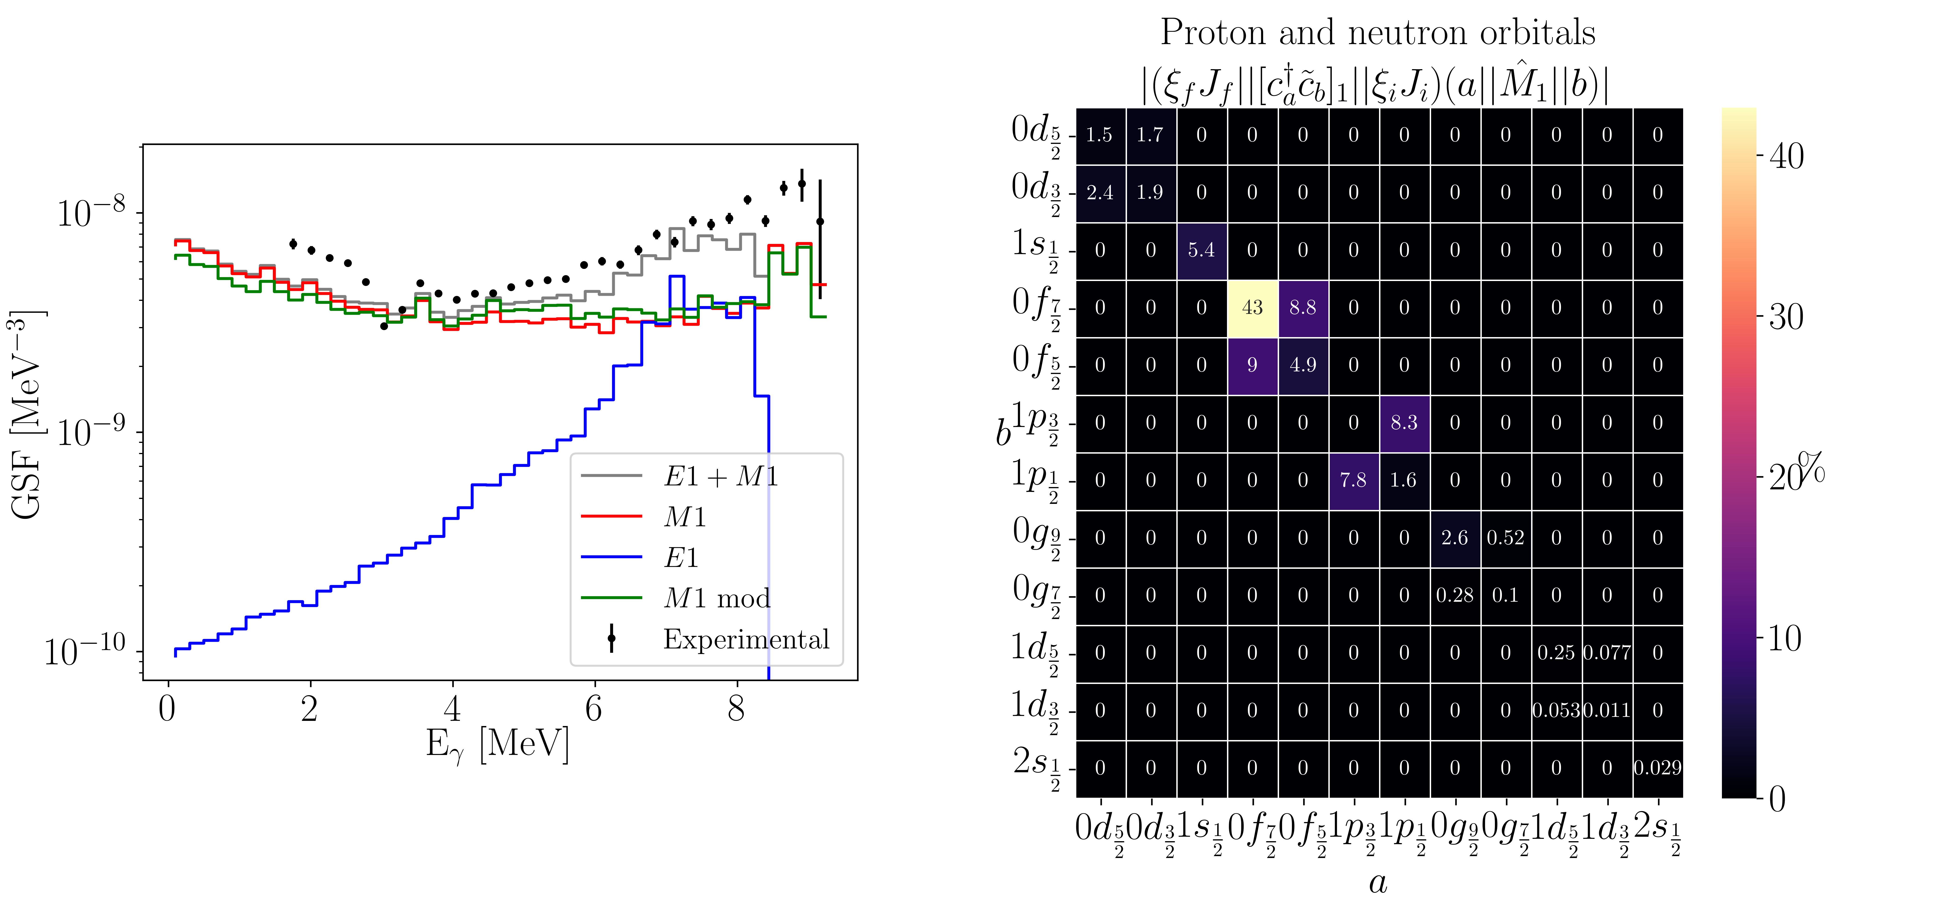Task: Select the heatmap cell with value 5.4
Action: [x=1201, y=250]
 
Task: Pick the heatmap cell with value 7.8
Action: [x=1353, y=481]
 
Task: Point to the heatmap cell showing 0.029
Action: [x=1657, y=768]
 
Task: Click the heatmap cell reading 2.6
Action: [x=1454, y=537]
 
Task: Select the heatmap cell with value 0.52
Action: [x=1505, y=537]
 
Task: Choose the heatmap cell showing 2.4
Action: [x=1100, y=193]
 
